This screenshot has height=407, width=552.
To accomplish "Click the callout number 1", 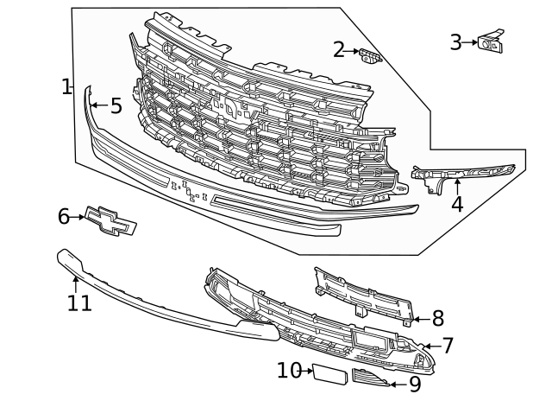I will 66,86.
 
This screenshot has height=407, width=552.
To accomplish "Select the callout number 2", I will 339,50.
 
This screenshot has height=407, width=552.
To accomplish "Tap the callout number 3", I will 456,41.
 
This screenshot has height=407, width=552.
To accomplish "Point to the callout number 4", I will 457,205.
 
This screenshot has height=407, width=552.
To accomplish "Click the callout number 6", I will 64,216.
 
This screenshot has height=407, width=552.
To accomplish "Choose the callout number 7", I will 447,346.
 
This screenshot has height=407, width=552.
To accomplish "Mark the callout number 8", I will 437,318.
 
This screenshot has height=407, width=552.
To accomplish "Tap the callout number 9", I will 414,385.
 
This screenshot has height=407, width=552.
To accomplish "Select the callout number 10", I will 288,371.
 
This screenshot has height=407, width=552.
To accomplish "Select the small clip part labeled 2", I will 371,56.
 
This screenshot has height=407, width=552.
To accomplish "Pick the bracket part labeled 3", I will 492,41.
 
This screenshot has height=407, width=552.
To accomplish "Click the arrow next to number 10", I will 307,371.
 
